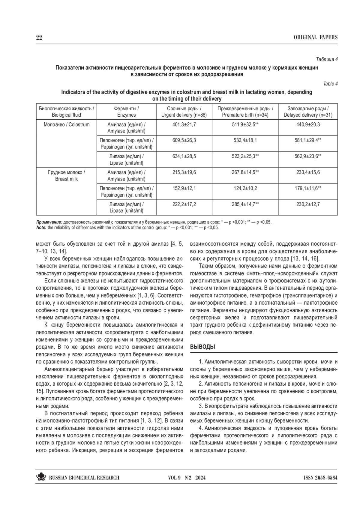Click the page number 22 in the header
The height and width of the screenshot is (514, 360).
point(39,37)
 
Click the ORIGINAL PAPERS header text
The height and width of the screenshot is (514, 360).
point(316,37)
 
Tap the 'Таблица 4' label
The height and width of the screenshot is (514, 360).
point(327,59)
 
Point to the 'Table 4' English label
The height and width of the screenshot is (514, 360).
point(330,84)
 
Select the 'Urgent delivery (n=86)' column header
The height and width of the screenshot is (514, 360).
point(184,112)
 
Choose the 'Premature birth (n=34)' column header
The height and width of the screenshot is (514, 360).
point(245,112)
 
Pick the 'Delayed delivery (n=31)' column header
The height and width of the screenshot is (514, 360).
point(308,112)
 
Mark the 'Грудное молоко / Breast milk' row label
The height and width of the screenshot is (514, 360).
point(67,176)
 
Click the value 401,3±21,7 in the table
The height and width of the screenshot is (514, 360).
point(184,124)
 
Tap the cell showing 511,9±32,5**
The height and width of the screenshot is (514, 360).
point(245,124)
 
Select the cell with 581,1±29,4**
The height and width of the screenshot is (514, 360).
point(308,140)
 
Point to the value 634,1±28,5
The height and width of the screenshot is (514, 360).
point(184,156)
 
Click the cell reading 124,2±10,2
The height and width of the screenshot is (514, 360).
point(245,188)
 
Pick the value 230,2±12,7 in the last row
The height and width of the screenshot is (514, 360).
point(308,204)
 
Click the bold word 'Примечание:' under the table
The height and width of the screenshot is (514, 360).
point(49,223)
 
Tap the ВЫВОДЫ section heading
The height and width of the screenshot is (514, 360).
point(203,347)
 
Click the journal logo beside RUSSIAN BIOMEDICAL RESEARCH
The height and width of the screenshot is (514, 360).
point(41,477)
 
